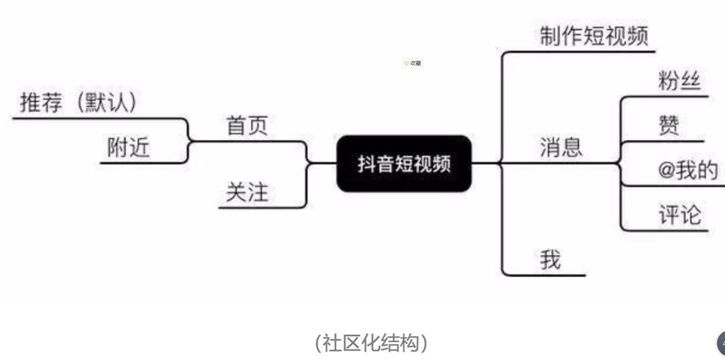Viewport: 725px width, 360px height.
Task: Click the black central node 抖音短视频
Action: pos(404,163)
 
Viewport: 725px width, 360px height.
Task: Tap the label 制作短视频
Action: pos(594,36)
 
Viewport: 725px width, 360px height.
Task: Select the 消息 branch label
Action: pos(561,148)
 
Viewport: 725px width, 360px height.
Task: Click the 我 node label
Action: pos(551,259)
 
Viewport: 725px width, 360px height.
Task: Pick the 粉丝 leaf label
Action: pos(679,81)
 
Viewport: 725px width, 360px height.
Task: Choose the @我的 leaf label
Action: pos(688,171)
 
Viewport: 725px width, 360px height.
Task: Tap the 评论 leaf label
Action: pos(679,215)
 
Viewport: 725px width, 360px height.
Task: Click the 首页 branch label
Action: pos(247,126)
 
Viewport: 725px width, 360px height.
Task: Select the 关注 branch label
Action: pos(247,192)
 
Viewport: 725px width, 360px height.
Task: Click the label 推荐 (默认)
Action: pos(78,103)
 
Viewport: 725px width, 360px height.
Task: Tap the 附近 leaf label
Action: pos(129,148)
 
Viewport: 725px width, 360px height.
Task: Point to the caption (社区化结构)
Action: pos(371,343)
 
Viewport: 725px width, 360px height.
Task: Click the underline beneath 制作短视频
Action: pos(580,51)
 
